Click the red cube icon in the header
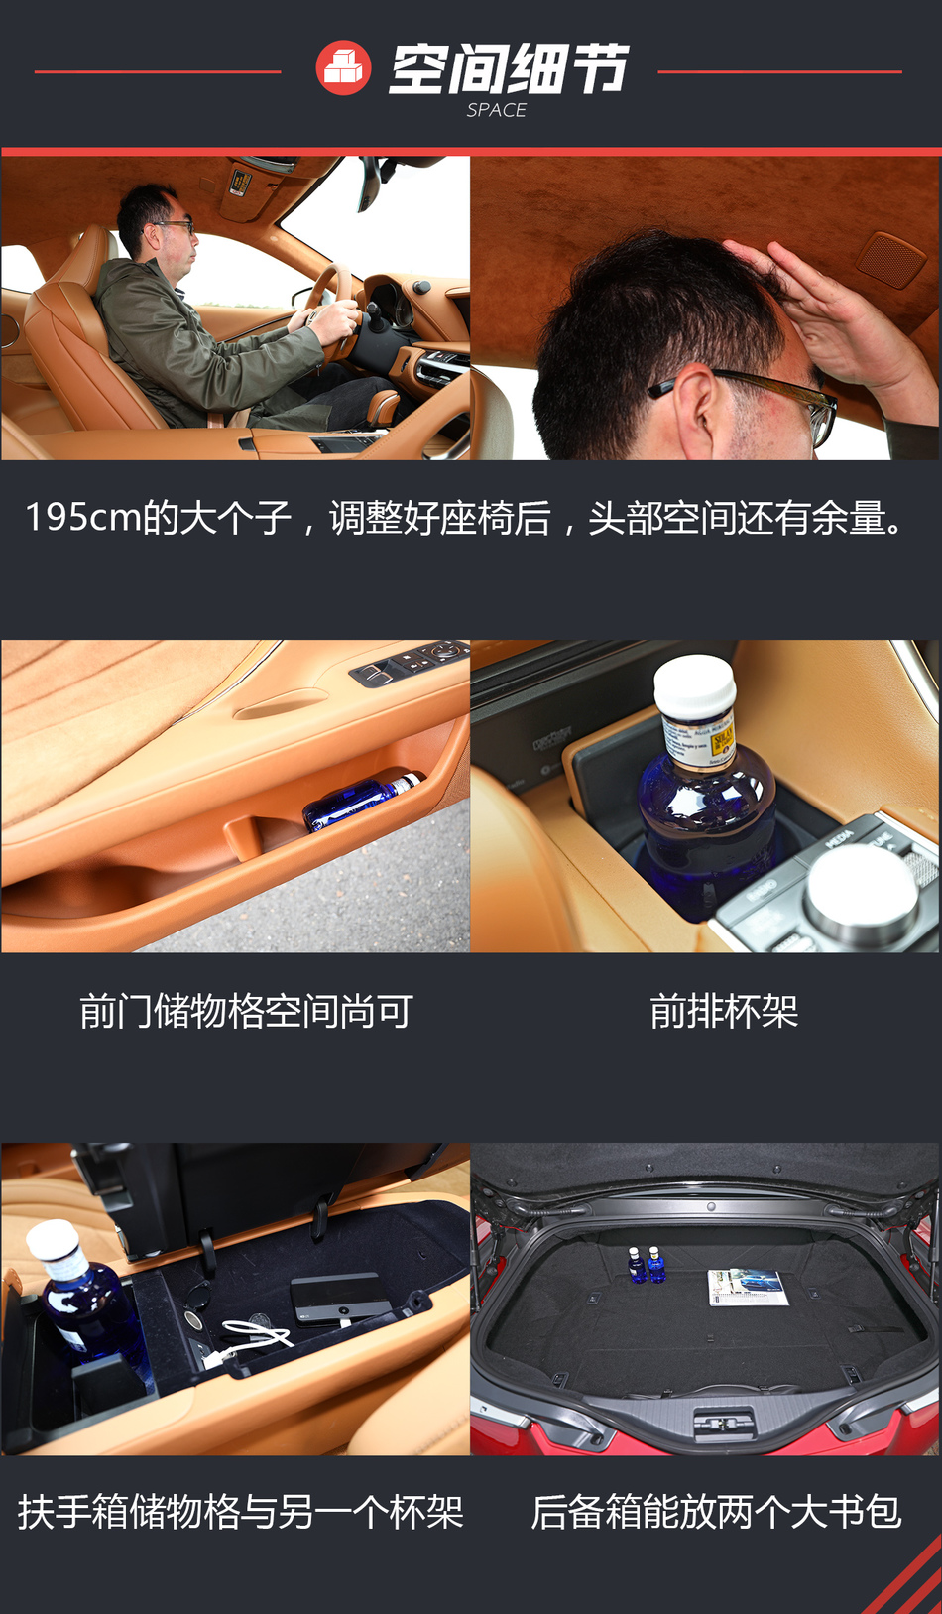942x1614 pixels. pyautogui.click(x=343, y=68)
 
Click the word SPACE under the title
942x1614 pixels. pyautogui.click(x=496, y=110)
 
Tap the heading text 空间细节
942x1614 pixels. pyautogui.click(x=509, y=68)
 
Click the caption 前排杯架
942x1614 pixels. pyautogui.click(x=724, y=1012)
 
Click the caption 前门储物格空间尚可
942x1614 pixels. pyautogui.click(x=246, y=1012)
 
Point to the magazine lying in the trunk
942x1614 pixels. pyautogui.click(x=747, y=1287)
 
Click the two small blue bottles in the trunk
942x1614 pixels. pyautogui.click(x=646, y=1264)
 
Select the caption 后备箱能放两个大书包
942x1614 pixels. pyautogui.click(x=716, y=1512)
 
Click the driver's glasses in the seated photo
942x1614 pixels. pyautogui.click(x=176, y=227)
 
